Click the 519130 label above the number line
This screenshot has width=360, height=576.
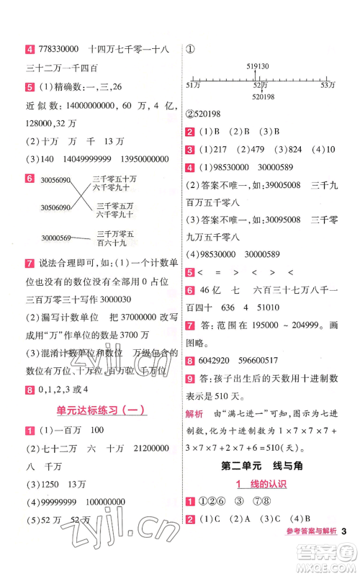pos(257,66)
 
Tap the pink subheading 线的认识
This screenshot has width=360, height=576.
pos(263,484)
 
